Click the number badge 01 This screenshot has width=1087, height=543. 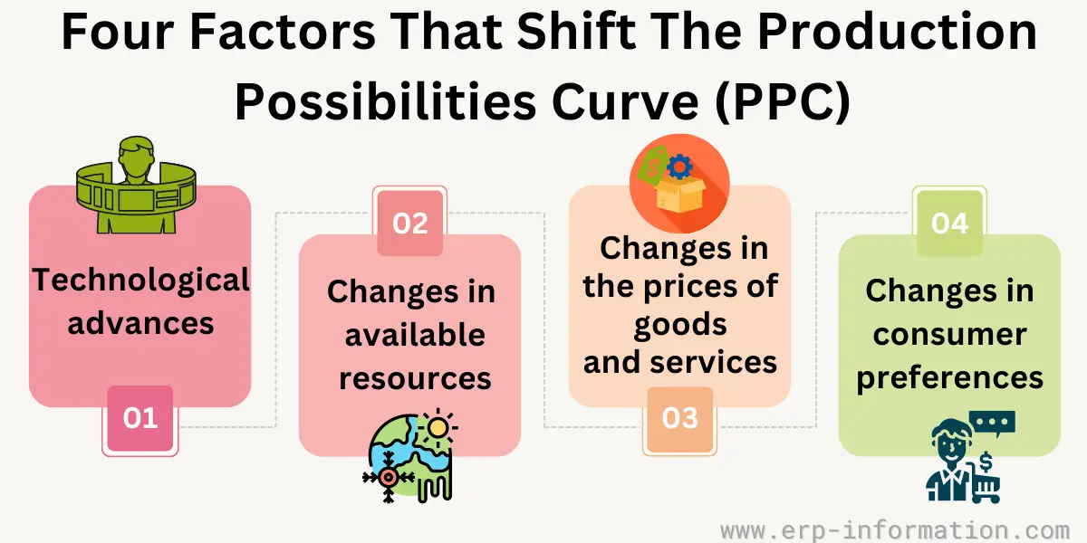coord(140,419)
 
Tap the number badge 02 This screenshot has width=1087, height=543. coord(410,224)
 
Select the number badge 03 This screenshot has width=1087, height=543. coord(680,419)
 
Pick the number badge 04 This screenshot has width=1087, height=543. coord(949,224)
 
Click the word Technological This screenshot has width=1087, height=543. coord(140,281)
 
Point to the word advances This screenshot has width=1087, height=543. coord(140,323)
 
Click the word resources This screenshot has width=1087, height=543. coord(415,378)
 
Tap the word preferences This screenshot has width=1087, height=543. coord(949,378)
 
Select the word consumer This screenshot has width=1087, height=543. coord(949,335)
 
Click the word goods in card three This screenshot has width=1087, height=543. coord(680,325)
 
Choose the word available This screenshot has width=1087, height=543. coord(415,335)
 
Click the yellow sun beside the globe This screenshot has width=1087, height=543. coord(438,427)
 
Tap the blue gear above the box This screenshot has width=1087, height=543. coord(680,167)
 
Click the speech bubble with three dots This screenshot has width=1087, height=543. coord(992,424)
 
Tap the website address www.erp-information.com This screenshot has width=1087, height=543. coord(895,530)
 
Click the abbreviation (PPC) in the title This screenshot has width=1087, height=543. coord(783,101)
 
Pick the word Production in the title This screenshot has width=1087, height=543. coord(898,32)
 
